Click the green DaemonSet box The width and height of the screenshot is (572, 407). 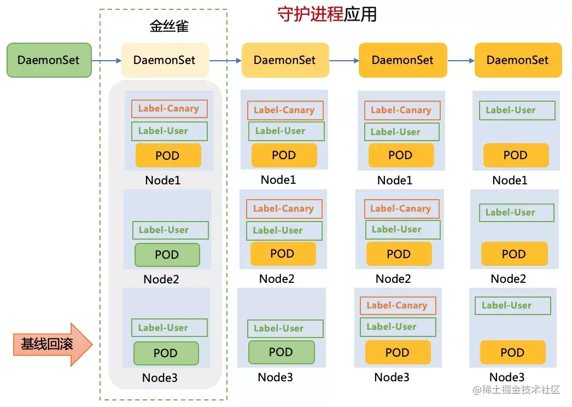click(49, 60)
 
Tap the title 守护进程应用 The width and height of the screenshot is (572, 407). click(327, 14)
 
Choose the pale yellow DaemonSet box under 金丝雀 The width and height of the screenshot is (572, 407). click(165, 60)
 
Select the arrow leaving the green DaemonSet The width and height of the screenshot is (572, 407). click(106, 60)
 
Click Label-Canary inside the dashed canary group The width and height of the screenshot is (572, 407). click(169, 109)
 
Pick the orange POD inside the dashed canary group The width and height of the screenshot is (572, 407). click(168, 155)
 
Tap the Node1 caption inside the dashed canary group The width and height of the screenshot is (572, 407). click(162, 180)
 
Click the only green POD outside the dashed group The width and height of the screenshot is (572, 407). click(281, 352)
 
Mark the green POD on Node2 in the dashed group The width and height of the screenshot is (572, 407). click(167, 254)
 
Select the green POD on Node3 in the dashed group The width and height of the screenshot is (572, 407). click(166, 353)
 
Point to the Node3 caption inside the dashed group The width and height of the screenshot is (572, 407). click(160, 377)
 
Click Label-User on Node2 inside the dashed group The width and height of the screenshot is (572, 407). click(170, 230)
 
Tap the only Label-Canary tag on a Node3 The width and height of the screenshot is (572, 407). click(398, 306)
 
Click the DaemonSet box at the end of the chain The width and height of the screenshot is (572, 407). click(518, 60)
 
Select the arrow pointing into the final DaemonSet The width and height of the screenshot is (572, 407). click(460, 60)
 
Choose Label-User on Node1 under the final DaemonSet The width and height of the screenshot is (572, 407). click(513, 111)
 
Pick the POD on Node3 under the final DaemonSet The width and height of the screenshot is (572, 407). click(512, 353)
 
